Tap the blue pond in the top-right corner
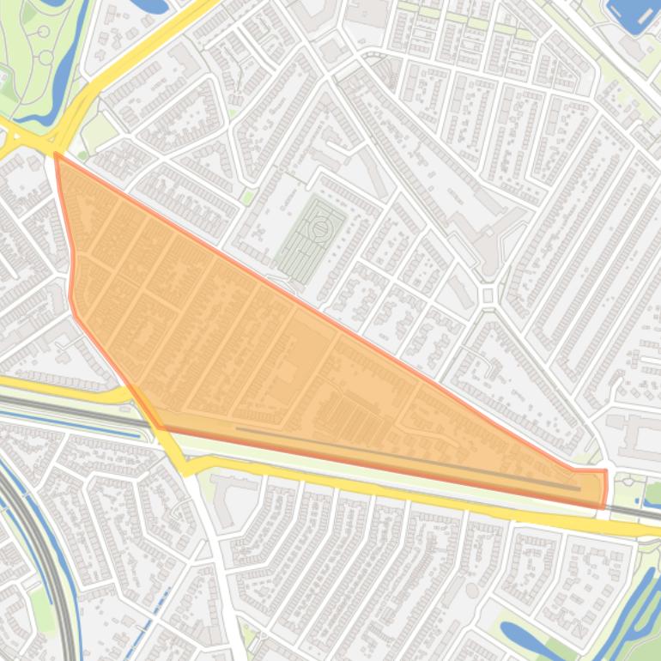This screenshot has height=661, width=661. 633,13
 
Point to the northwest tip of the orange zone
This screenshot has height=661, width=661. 57,155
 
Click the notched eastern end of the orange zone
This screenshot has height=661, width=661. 603,485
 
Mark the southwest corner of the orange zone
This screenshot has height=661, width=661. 160,426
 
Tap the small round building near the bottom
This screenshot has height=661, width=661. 472,591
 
